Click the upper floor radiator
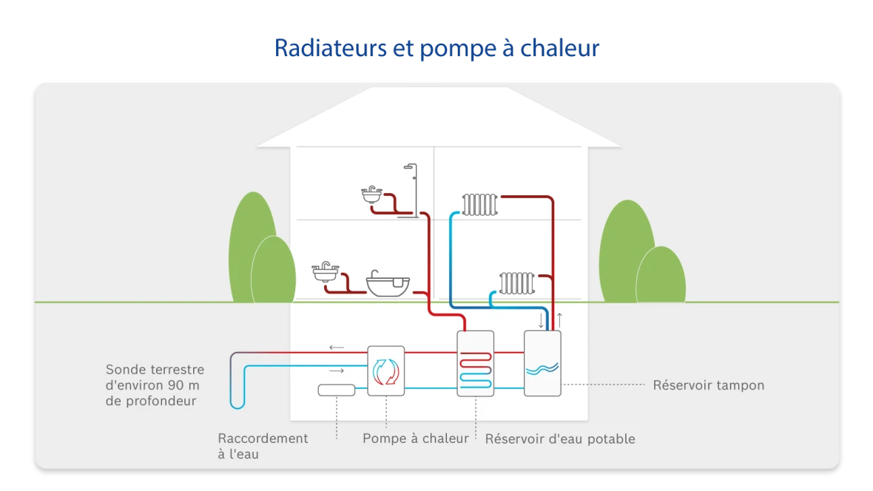point(479,205)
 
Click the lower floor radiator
point(516,283)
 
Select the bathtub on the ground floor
point(388,285)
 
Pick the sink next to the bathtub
point(326,272)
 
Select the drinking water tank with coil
point(475,364)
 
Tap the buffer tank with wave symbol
point(542,364)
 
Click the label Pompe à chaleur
point(415,438)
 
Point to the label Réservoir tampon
point(708,385)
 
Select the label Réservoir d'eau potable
point(560,438)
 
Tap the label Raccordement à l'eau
point(263,446)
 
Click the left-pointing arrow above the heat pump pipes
point(337,347)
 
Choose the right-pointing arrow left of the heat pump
point(337,370)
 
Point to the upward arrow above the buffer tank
point(559,320)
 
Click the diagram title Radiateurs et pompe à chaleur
point(437,49)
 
